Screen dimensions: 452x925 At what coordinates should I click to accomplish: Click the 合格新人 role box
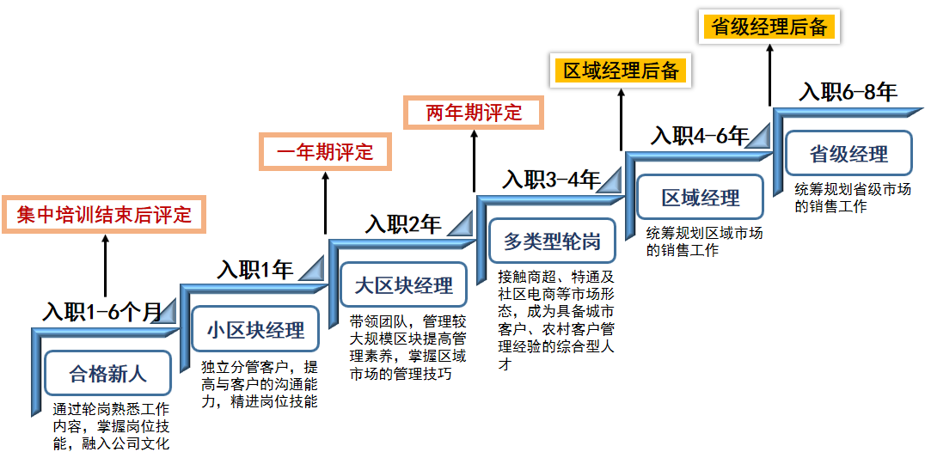click(x=107, y=374)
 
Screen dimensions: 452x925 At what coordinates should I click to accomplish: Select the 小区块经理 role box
click(x=255, y=330)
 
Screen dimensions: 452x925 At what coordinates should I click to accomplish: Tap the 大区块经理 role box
click(x=403, y=285)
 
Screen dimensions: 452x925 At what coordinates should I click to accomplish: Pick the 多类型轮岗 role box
click(x=552, y=241)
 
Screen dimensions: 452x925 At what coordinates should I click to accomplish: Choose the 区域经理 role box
click(x=700, y=198)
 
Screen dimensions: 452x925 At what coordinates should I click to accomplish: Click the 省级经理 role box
click(x=848, y=155)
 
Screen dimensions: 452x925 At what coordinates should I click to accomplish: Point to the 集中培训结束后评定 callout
click(x=105, y=214)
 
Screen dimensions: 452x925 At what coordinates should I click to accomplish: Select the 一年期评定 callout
click(x=325, y=153)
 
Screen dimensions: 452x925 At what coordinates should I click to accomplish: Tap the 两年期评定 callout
click(x=474, y=113)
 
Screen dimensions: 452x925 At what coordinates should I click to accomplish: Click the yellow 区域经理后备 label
click(x=621, y=70)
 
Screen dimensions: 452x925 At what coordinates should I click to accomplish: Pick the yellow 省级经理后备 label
click(x=769, y=27)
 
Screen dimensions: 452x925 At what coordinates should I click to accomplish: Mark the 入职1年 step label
click(x=255, y=269)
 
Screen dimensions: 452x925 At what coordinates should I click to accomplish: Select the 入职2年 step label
click(x=402, y=224)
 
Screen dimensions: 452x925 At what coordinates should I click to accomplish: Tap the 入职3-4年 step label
click(x=551, y=180)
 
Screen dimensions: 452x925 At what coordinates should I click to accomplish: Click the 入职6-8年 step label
click(x=848, y=92)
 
